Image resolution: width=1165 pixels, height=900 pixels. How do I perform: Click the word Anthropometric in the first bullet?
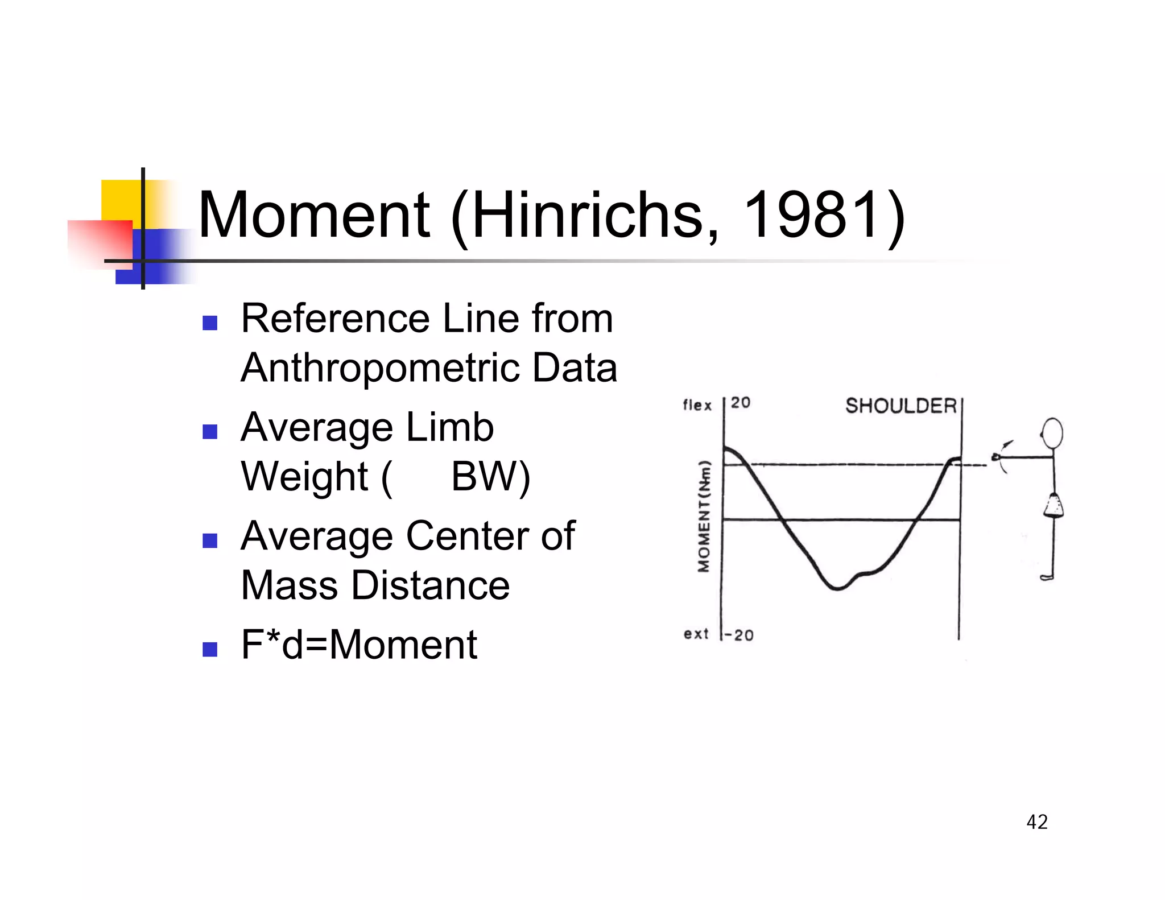click(380, 368)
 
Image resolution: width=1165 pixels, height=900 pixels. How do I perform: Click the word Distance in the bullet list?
click(430, 585)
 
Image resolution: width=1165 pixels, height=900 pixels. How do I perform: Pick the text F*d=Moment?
click(359, 645)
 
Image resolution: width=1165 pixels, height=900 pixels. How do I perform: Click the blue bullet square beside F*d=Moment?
click(210, 649)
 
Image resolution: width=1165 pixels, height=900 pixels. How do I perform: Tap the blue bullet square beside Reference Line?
click(210, 323)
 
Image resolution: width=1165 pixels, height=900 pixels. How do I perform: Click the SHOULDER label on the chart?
click(900, 406)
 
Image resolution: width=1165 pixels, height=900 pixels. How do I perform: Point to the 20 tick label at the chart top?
click(741, 403)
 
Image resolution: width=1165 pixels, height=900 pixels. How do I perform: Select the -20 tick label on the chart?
click(739, 635)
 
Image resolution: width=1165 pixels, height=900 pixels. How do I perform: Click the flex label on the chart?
click(697, 405)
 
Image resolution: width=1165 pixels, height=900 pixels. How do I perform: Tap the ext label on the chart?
click(696, 634)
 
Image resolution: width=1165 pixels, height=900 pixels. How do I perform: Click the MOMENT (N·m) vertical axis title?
click(705, 515)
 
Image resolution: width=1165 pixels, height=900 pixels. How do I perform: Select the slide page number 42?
click(1036, 822)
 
